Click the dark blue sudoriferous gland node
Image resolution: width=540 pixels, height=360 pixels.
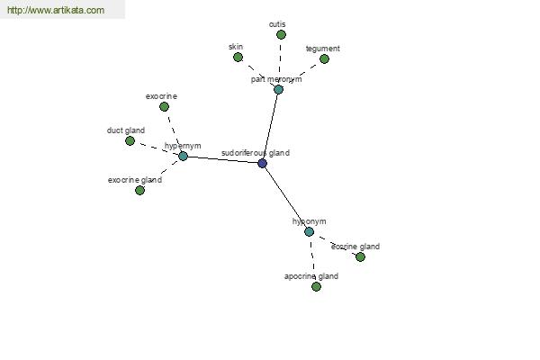(263, 163)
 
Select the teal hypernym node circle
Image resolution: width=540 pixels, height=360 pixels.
(183, 156)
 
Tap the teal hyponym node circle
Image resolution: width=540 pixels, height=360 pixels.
(310, 231)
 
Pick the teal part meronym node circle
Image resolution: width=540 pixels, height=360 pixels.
(278, 90)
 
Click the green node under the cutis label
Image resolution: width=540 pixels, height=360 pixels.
(281, 34)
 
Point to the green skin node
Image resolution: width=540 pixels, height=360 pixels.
(238, 58)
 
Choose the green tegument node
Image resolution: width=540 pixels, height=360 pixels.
(324, 58)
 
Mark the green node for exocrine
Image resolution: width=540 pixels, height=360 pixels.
(165, 107)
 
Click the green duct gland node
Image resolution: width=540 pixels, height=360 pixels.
(130, 140)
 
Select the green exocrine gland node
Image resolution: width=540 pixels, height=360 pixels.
(139, 190)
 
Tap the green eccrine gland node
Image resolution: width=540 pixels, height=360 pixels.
(360, 256)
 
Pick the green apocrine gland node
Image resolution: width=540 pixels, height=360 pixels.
(316, 286)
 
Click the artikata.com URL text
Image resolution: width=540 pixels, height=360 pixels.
(56, 10)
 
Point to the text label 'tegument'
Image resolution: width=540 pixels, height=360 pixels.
(323, 49)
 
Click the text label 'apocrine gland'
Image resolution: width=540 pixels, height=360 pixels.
(311, 276)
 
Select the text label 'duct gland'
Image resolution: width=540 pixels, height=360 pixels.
(126, 130)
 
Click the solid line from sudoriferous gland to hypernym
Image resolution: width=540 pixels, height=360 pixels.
(222, 159)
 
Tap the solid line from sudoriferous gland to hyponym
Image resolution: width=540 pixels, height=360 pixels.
(286, 197)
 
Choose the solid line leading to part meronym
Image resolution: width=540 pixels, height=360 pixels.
(270, 126)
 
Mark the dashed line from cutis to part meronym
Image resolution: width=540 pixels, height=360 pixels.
(280, 59)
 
